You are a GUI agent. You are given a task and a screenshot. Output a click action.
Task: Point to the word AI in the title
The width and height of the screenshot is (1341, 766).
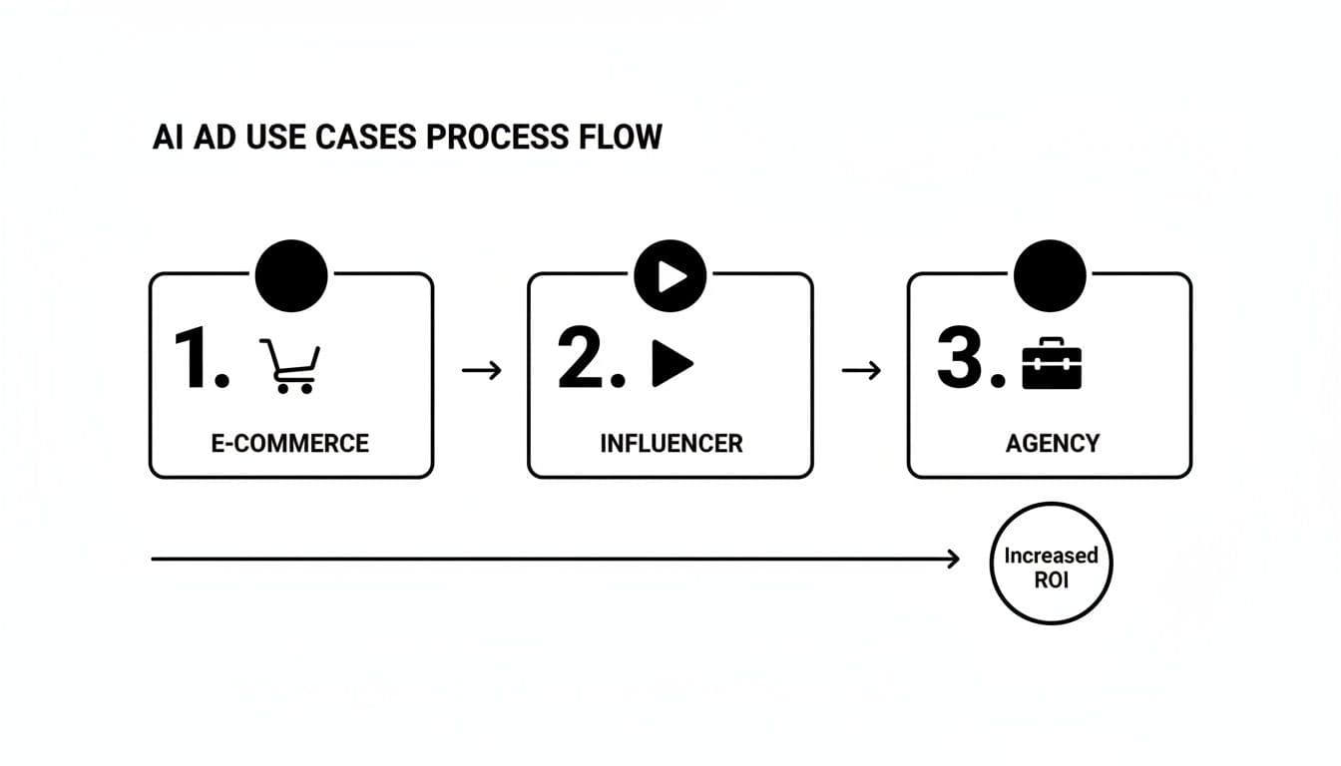(x=166, y=137)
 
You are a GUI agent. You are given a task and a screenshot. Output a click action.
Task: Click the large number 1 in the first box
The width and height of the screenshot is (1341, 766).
(x=196, y=360)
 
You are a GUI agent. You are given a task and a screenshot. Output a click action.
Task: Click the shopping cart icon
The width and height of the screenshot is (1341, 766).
(x=288, y=366)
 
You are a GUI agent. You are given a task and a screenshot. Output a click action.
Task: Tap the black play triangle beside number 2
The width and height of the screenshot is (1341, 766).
(x=671, y=363)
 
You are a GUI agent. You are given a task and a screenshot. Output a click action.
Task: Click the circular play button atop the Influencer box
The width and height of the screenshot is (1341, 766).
(x=670, y=275)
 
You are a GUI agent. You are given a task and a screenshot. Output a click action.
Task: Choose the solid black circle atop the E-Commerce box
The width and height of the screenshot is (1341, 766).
(x=291, y=275)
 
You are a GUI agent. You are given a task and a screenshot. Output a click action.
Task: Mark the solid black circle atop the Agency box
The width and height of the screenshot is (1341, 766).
(x=1050, y=275)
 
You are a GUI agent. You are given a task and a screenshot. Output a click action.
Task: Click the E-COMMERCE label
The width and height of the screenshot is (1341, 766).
(x=290, y=443)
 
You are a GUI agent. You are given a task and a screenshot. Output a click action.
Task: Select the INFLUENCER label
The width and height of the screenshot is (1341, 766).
(x=670, y=443)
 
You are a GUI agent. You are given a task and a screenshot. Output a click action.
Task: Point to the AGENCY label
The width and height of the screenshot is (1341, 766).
(x=1052, y=443)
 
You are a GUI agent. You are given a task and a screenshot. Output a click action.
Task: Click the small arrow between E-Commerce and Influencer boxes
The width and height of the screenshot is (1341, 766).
(x=482, y=371)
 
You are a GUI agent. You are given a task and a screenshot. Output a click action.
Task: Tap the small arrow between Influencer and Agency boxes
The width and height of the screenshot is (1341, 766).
(x=861, y=371)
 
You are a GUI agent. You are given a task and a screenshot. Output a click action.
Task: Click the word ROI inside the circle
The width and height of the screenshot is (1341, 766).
(x=1051, y=579)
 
